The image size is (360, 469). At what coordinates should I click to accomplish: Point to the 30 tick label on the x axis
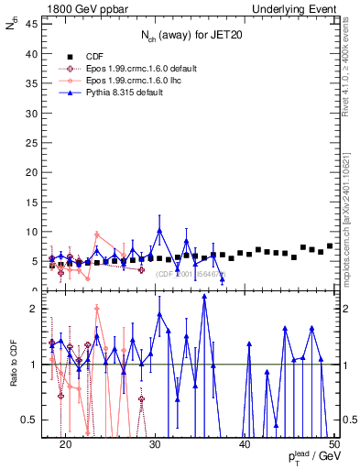coord(155,443)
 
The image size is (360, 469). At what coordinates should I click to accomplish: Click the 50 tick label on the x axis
coord(333,443)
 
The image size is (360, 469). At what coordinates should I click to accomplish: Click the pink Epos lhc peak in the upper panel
coord(96,234)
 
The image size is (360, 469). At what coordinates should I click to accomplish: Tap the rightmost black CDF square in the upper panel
coord(330,245)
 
